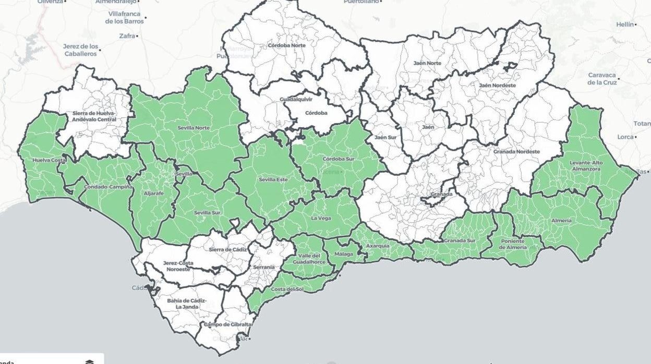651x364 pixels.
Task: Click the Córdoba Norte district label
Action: click(286, 45)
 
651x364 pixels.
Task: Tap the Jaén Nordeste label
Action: click(497, 85)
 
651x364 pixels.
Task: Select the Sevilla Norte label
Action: click(194, 127)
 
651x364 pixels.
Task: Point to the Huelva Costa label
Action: click(49, 160)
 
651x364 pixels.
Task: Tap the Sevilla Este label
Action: click(273, 180)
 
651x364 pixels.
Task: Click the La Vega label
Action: click(321, 218)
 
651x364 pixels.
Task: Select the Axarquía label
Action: click(377, 245)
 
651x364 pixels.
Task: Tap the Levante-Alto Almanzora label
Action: click(585, 166)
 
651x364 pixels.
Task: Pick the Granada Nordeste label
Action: click(516, 152)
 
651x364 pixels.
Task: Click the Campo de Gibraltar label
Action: click(228, 325)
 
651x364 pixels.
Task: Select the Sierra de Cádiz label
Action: click(227, 250)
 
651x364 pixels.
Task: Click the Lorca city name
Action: click(624, 137)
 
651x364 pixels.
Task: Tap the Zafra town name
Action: click(127, 36)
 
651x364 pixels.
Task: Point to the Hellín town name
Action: click(624, 25)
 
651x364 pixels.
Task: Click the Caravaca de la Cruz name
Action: click(602, 79)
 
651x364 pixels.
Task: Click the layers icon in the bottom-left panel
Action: click(89, 361)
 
